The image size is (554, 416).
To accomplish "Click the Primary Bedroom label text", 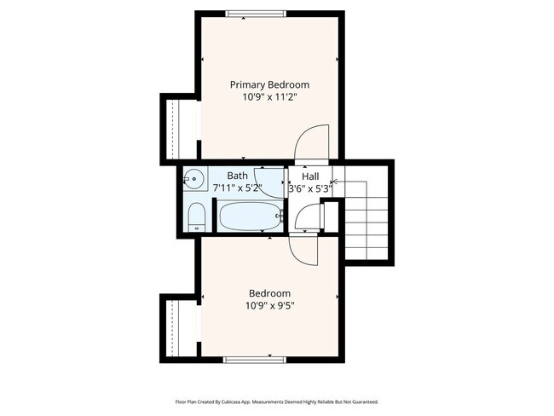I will point(269,85).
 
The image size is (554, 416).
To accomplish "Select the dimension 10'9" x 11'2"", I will point(269,98).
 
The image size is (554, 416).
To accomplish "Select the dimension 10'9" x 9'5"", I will point(269,305).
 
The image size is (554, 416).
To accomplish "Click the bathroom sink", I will point(194,179).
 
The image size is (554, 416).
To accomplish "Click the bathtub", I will point(250,217).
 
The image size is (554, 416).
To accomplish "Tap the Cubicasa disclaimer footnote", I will point(276,402).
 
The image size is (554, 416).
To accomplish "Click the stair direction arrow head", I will point(333,181).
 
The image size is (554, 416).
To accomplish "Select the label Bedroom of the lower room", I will point(269,292).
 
